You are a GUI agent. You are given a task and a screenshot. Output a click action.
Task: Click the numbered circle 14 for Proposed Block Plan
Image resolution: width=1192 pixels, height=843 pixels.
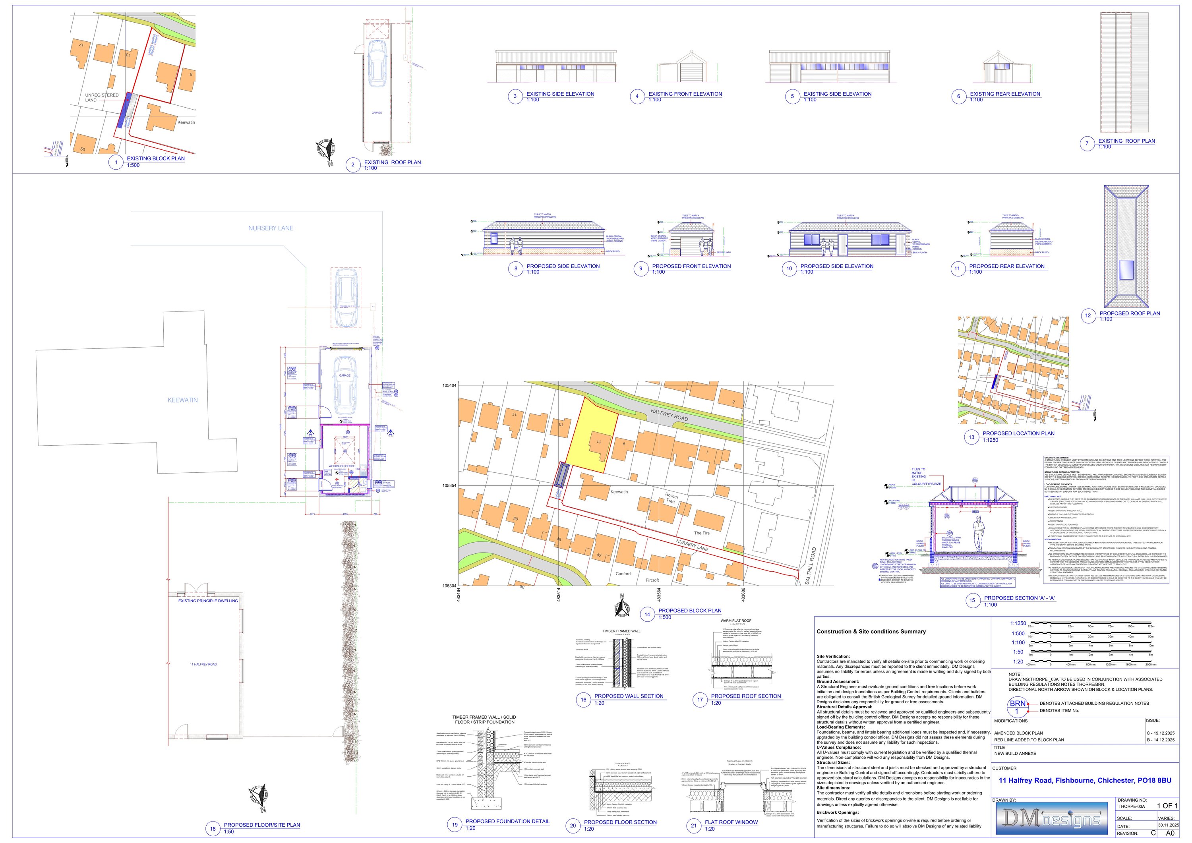coord(647,615)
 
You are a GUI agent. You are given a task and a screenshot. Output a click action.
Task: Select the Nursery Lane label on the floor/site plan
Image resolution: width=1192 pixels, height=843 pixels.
coord(271,228)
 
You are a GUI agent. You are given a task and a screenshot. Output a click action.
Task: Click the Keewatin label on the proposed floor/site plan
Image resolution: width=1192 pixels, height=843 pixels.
coord(182,400)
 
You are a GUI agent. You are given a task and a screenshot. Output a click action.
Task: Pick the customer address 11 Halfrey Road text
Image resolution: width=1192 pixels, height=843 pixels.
coord(1085,780)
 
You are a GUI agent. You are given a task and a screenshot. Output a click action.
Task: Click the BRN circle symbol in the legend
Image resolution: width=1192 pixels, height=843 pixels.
coord(1017,706)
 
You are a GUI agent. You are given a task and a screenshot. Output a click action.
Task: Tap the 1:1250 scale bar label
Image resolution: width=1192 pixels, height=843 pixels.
coord(1018,623)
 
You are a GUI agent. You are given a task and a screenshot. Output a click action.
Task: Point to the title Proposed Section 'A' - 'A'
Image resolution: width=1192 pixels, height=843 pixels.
coord(1020,598)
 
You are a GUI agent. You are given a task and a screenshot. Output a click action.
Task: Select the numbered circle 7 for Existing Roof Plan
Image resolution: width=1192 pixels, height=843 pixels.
coord(1087,144)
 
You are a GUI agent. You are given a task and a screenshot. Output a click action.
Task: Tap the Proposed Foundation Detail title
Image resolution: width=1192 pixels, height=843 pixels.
coord(507,821)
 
